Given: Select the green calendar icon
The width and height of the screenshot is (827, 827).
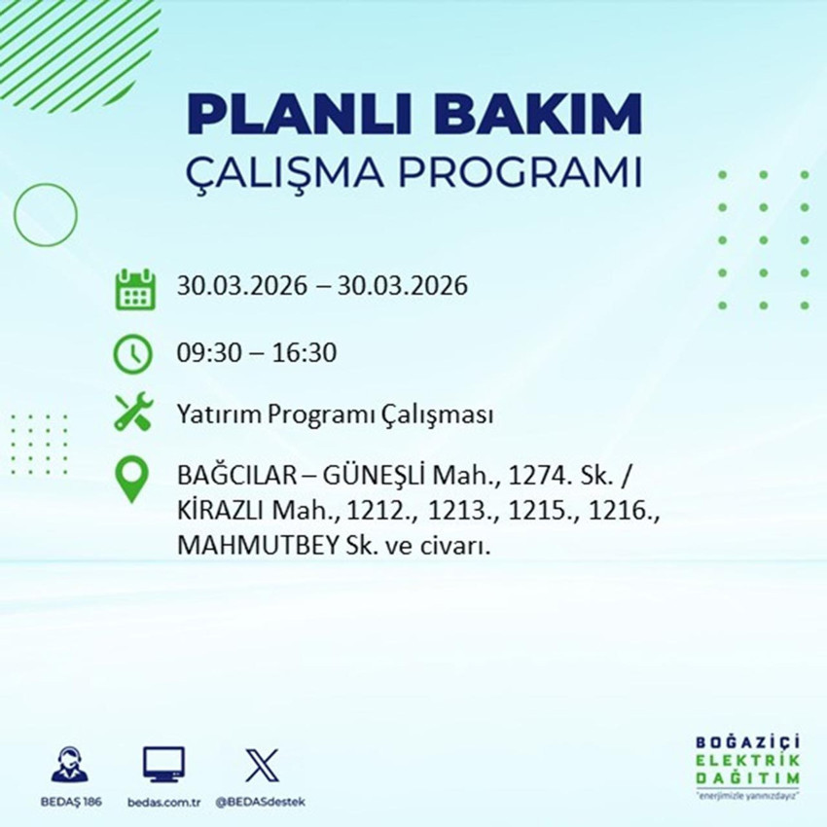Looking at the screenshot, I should [x=135, y=289].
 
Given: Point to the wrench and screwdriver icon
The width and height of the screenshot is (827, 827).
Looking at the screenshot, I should [x=132, y=413].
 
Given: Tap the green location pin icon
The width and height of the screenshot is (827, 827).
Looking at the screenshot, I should [x=131, y=480].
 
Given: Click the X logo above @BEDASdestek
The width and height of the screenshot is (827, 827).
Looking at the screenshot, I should [x=261, y=765].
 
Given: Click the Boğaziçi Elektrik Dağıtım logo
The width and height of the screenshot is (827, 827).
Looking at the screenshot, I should [x=748, y=766].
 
